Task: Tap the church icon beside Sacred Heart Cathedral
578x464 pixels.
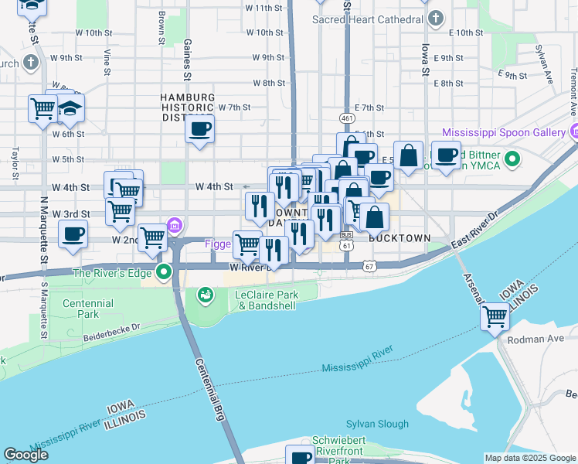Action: (437, 17)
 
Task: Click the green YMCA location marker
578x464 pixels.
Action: (512, 160)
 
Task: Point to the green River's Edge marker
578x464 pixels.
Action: (164, 271)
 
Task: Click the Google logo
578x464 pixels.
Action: (25, 455)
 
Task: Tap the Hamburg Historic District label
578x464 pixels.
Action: (185, 107)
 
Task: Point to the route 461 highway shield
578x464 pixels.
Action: (346, 118)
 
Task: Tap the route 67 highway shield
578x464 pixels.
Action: (369, 265)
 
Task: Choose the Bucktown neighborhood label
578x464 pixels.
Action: (397, 238)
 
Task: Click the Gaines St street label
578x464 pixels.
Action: (187, 57)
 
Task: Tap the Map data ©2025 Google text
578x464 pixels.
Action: (529, 458)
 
